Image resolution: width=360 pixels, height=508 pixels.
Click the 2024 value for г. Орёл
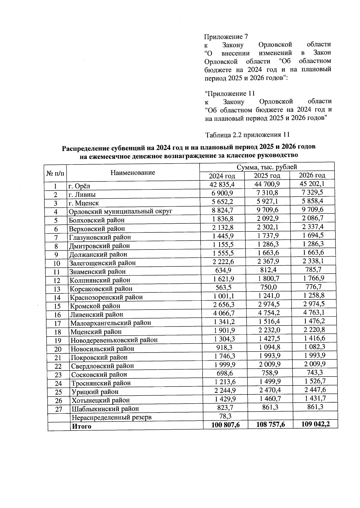[222, 184]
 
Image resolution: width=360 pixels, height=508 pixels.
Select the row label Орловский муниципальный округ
[121, 211]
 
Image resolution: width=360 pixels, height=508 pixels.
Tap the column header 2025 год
[267, 176]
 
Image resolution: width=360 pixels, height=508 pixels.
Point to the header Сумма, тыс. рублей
[267, 167]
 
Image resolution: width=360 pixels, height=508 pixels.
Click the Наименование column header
[133, 173]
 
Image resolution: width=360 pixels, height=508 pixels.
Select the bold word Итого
[81, 426]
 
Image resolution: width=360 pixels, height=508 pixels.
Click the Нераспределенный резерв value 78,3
[225, 416]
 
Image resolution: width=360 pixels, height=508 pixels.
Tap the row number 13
[57, 289]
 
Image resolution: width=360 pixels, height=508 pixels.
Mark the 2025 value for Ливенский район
[268, 313]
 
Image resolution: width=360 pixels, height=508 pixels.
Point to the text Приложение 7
[226, 37]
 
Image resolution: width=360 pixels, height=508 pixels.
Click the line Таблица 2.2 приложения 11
[247, 135]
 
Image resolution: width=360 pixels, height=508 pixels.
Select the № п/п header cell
[55, 173]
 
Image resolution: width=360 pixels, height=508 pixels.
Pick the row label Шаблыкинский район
[105, 409]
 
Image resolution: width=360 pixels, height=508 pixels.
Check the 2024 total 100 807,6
[225, 425]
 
